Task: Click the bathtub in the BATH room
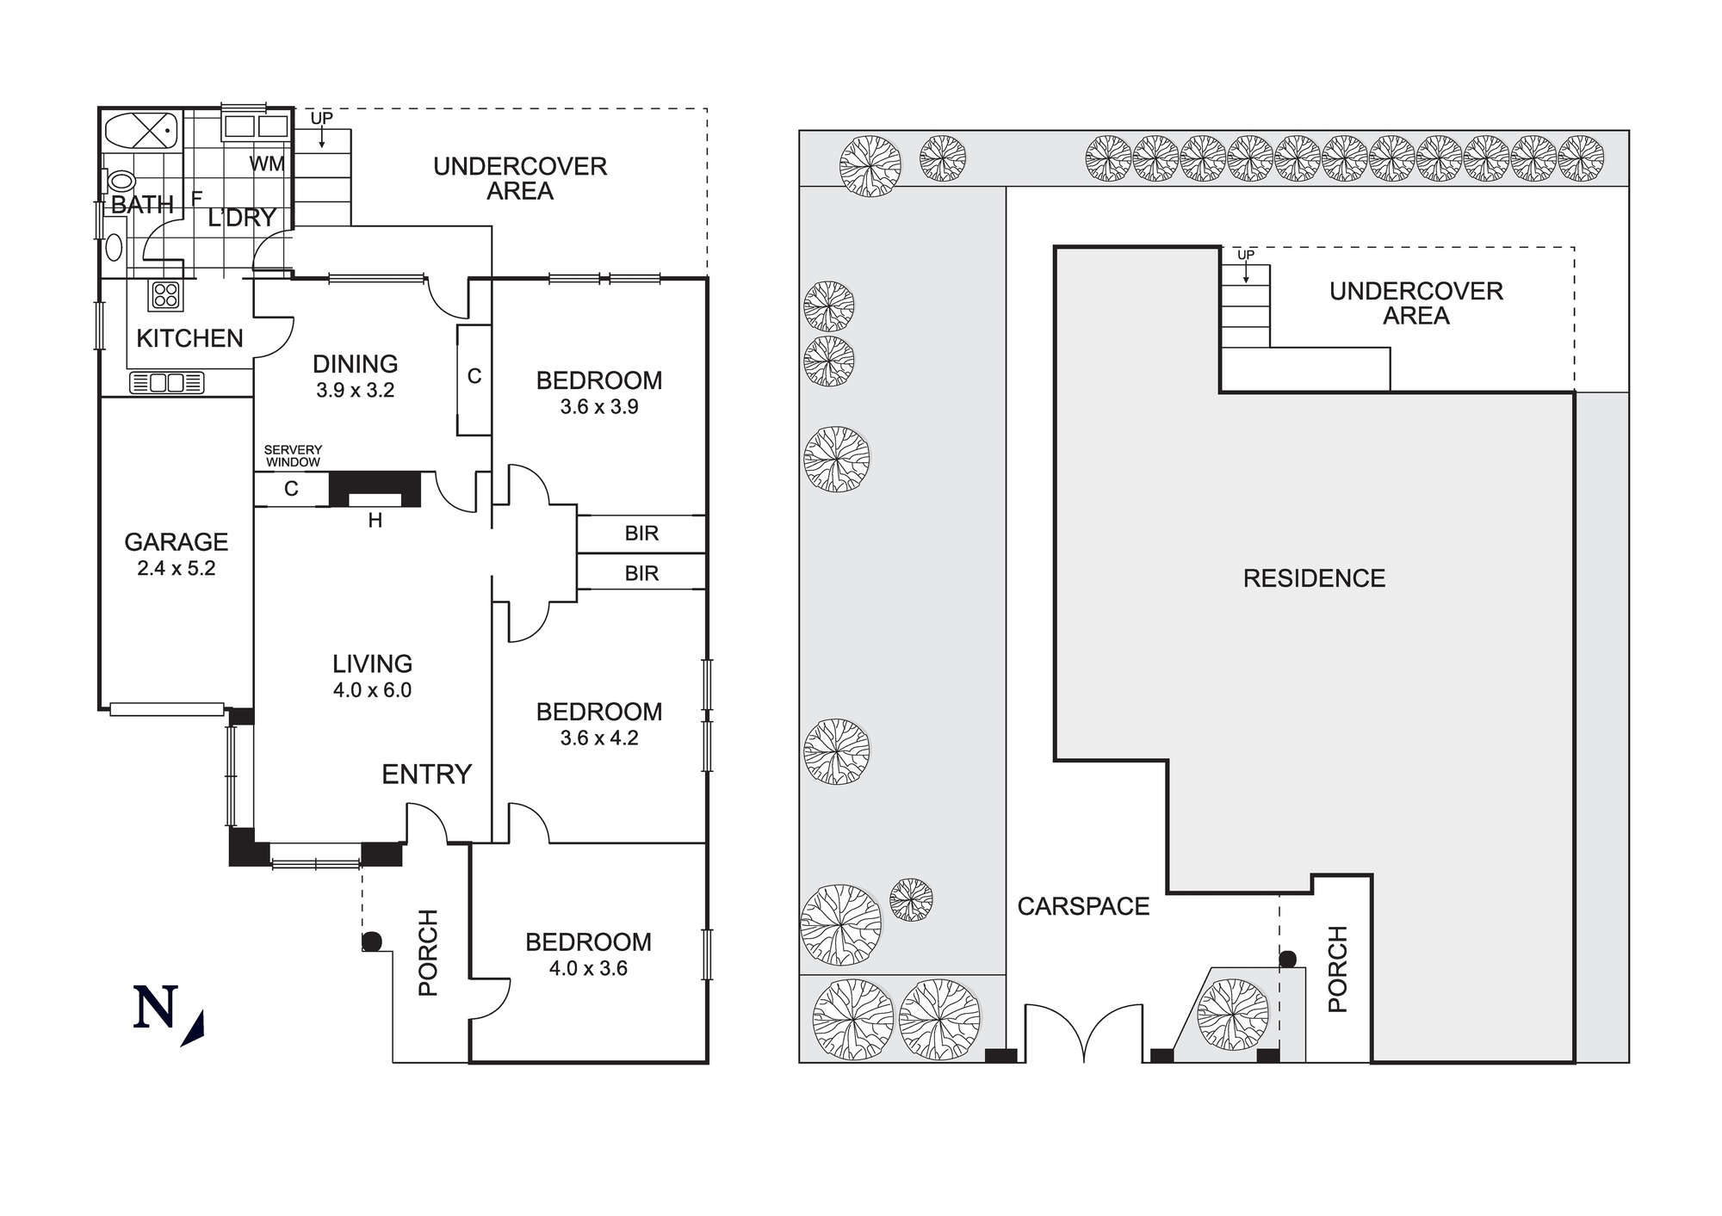click(x=141, y=132)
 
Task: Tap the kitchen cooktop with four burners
click(x=166, y=295)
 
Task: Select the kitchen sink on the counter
click(x=167, y=383)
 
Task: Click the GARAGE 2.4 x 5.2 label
click(x=176, y=554)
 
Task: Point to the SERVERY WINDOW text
click(x=293, y=456)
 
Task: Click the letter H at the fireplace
click(x=375, y=521)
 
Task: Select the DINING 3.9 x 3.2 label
click(x=355, y=376)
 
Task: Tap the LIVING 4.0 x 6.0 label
click(x=372, y=676)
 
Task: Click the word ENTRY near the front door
click(x=426, y=775)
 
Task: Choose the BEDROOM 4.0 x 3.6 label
click(x=588, y=954)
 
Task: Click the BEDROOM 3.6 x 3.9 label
click(x=598, y=392)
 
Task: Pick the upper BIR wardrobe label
click(x=641, y=534)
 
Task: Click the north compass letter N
click(x=156, y=1008)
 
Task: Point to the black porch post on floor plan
click(x=371, y=941)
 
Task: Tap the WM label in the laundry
click(x=267, y=164)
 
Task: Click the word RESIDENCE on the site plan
click(x=1314, y=578)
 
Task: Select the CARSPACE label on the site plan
click(x=1083, y=906)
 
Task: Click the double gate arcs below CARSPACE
click(x=1083, y=1033)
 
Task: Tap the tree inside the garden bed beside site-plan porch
click(x=1233, y=1015)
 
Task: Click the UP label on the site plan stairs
click(x=1245, y=256)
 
